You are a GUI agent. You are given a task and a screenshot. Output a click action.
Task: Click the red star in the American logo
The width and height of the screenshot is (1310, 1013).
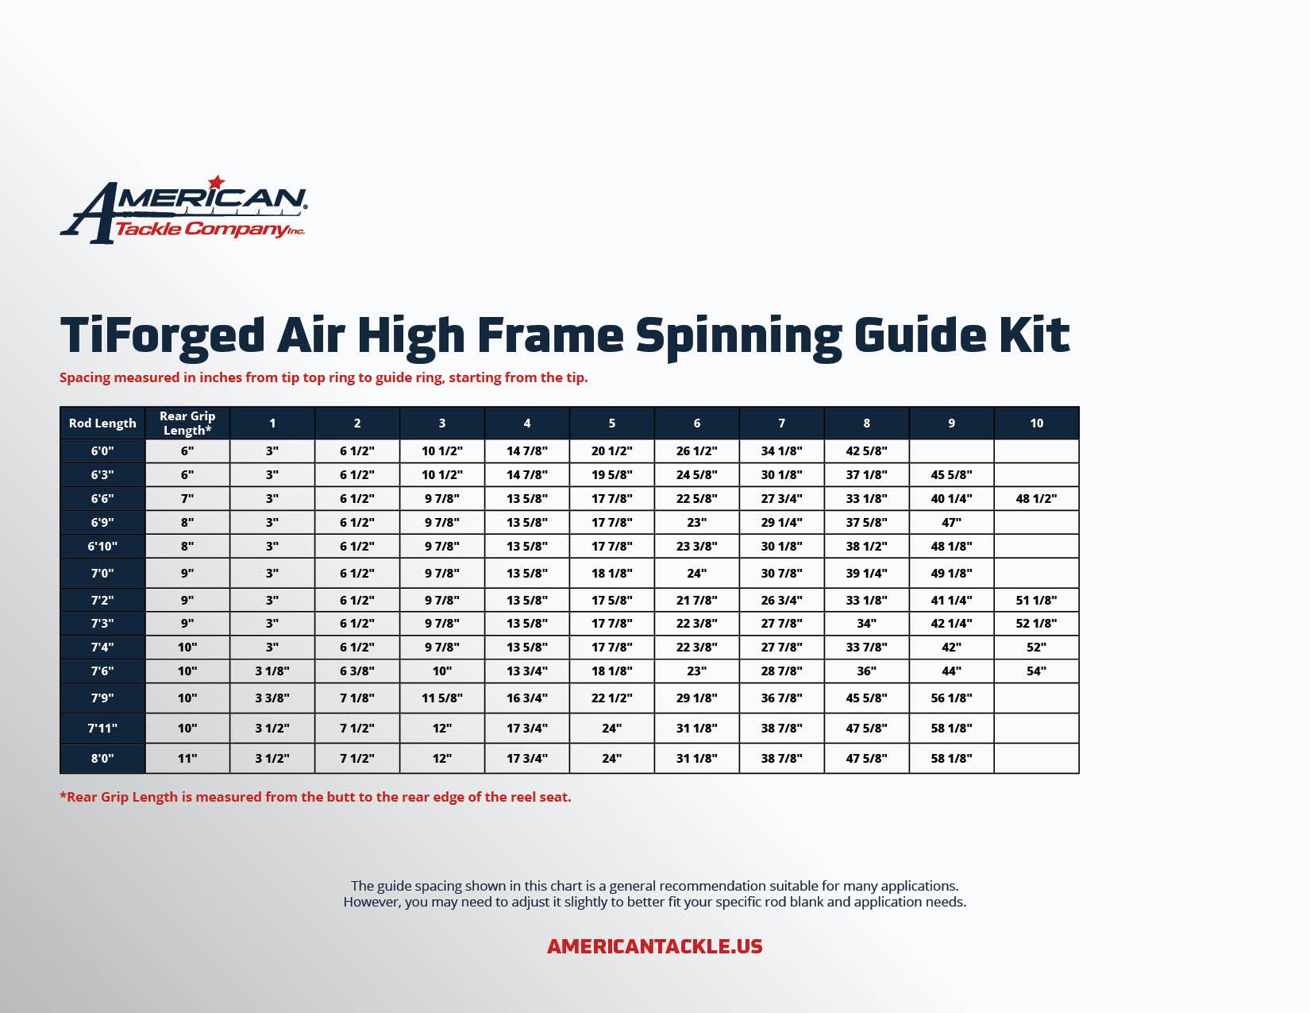[x=217, y=182]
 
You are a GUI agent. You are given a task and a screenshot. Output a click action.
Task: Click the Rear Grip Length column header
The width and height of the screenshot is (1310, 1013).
[x=187, y=423]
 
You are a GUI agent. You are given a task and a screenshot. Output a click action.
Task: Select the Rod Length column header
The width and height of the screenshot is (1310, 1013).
[x=102, y=423]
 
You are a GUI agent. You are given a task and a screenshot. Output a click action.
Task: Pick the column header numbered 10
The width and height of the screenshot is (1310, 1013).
[x=1036, y=423]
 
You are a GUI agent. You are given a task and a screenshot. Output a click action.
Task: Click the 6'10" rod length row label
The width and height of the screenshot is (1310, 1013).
[x=102, y=546]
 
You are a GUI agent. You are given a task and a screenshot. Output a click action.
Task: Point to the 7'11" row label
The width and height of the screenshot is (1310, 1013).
[x=102, y=729]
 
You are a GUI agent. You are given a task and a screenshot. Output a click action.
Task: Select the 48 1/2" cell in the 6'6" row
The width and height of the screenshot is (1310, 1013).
[x=1036, y=498]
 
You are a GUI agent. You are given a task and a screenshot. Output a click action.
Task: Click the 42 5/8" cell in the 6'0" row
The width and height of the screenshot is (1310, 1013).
[x=866, y=450]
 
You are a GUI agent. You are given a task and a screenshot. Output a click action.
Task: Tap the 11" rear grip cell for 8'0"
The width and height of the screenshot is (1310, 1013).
[x=187, y=759]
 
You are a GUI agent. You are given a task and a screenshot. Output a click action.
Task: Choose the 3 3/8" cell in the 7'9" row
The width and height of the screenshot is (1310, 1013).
[x=272, y=698]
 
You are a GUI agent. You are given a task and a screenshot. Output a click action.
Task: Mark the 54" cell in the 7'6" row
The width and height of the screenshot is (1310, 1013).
[x=1036, y=671]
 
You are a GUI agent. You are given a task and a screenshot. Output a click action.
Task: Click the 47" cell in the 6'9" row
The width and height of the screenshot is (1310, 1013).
[x=951, y=523]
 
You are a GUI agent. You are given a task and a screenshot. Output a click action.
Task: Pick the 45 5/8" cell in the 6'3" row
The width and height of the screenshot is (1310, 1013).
[x=951, y=475]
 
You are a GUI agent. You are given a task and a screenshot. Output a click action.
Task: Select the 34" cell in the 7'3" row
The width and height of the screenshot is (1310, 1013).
[x=866, y=623]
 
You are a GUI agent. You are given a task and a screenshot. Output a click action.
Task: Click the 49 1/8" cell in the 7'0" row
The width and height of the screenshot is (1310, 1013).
[x=951, y=573]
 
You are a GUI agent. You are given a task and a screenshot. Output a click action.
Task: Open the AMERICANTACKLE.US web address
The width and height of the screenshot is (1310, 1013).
[x=655, y=946]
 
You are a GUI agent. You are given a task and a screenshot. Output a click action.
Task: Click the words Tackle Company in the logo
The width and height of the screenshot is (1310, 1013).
[x=202, y=230]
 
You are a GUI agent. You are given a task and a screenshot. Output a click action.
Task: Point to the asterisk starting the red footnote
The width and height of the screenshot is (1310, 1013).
[x=63, y=795]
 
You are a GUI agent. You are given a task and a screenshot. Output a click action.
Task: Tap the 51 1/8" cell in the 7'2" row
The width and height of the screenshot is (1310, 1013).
[x=1036, y=601]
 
